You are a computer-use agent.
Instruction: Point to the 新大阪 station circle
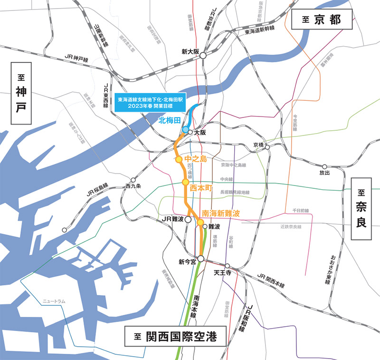(x=203, y=56)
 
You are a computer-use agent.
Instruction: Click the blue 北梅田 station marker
(x=185, y=129)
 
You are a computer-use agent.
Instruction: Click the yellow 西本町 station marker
(x=186, y=182)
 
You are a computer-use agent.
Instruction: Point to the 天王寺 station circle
(x=228, y=266)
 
